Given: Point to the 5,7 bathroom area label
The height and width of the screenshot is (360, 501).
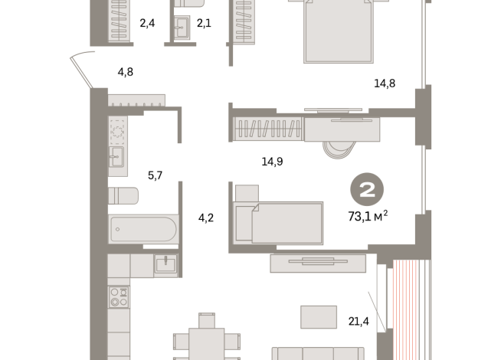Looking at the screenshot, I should pos(155,175).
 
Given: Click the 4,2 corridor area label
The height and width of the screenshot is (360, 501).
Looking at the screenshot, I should pos(205,217).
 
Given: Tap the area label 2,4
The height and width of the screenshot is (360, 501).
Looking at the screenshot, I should pos(147,23).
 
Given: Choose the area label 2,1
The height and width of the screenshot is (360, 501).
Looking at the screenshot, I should pos(204,23).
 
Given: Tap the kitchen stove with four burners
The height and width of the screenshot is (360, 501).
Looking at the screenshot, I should pos(118,296).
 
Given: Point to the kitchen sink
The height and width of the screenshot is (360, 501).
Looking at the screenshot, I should pos(165,264).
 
